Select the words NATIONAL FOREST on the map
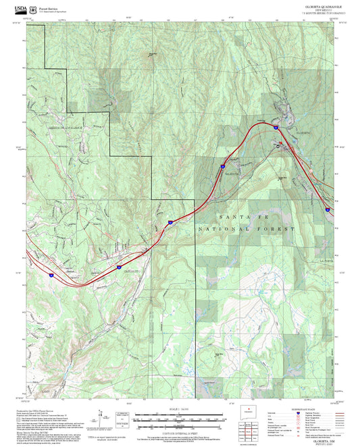click(x=247, y=230)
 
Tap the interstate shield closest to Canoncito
click(x=119, y=257)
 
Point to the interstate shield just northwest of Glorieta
click(x=276, y=126)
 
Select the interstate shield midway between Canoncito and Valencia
click(x=170, y=221)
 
